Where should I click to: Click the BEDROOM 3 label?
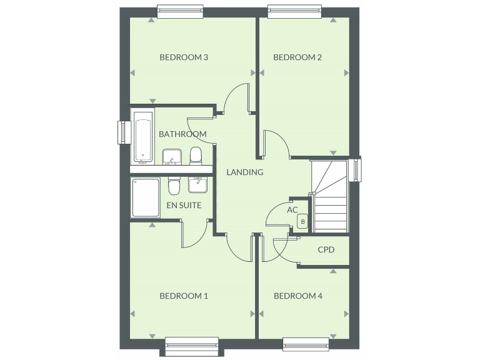point(184,57)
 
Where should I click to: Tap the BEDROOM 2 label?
point(297,57)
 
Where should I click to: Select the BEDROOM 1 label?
point(184,296)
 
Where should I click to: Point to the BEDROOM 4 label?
point(297,296)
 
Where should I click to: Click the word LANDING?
point(244,172)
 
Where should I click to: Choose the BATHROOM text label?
point(182,134)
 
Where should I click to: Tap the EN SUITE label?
point(184,204)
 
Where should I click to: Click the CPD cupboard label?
point(326,250)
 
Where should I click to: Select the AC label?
point(292,210)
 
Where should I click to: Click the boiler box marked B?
point(303,221)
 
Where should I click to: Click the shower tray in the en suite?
point(145,197)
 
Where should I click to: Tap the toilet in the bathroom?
point(196,154)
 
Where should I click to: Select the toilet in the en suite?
point(174,186)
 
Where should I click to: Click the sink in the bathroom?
point(171,156)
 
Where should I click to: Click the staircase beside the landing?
point(329,196)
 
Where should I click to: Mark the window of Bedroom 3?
point(180,10)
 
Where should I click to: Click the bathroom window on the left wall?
point(122,132)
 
